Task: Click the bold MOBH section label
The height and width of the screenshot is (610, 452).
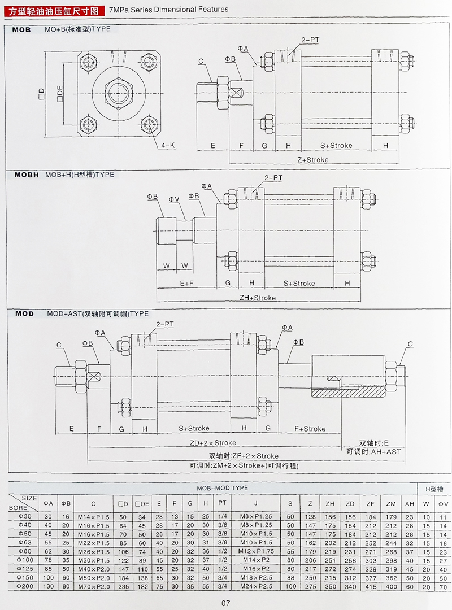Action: coord(27,175)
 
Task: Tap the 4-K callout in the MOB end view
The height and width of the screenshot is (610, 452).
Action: coord(168,145)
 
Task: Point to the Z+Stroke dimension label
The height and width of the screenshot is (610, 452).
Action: coord(312,160)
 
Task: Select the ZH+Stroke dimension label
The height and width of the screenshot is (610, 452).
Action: coord(257,298)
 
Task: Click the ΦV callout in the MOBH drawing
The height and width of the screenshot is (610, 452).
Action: coord(175,199)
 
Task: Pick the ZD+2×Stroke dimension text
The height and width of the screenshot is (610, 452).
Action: coord(212,443)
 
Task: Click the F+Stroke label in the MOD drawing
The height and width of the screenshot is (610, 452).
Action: coord(310,429)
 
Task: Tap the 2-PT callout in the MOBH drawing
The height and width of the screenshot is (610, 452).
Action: coord(273,178)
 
